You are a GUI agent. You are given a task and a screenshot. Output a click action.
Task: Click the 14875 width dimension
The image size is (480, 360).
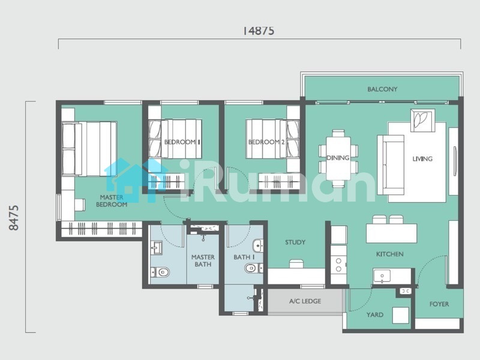click(x=259, y=31)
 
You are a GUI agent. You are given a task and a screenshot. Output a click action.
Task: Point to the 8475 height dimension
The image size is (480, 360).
click(x=14, y=218)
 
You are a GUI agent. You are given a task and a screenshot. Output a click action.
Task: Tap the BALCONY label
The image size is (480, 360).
click(x=382, y=89)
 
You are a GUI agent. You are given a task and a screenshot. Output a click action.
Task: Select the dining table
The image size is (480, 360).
click(x=338, y=158)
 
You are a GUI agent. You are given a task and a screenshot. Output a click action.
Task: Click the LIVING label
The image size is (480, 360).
click(x=422, y=158)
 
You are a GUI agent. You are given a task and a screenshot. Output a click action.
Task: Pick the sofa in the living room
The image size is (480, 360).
click(x=391, y=165)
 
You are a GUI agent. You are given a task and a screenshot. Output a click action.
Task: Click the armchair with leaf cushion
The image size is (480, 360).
click(x=422, y=121)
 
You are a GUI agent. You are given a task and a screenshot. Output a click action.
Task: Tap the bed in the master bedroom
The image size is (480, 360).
click(x=89, y=149)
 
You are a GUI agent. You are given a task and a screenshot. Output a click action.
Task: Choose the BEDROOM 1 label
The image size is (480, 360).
click(x=182, y=142)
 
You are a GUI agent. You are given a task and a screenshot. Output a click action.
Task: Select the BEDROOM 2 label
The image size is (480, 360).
click(x=266, y=142)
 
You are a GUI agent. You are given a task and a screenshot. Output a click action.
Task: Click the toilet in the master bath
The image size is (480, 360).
click(x=160, y=272)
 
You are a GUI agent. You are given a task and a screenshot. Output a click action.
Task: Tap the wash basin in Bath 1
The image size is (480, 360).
click(x=258, y=246)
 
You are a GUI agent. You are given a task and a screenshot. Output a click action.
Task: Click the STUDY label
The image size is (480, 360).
click(x=295, y=242)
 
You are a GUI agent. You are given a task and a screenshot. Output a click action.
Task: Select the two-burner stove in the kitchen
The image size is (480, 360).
click(x=338, y=265)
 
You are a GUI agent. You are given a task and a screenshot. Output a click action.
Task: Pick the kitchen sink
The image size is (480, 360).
click(x=382, y=276)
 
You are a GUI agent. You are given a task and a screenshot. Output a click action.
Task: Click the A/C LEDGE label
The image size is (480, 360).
click(x=305, y=301)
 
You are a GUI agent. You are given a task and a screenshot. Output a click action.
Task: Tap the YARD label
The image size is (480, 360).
click(x=374, y=314)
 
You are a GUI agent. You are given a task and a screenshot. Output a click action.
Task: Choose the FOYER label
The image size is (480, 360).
click(x=439, y=304)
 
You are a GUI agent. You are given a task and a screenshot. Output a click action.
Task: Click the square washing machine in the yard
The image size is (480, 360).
click(x=401, y=316)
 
